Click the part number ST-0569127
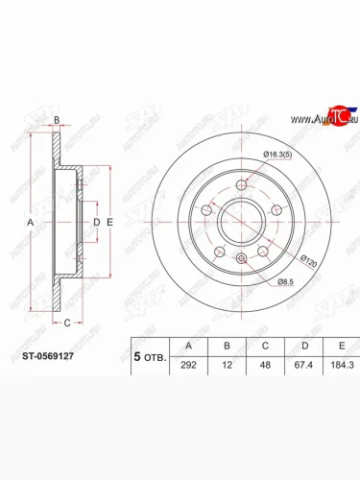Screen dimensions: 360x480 48,356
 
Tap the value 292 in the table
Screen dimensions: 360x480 188,365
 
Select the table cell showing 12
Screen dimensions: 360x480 227,365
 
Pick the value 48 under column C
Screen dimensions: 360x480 265,365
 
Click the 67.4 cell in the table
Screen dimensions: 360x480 303,365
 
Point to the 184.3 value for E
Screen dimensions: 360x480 342,365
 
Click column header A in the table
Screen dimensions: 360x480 188,346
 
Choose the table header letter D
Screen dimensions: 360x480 305,346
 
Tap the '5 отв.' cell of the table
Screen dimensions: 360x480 150,357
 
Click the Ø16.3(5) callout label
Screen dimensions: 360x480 277,155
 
